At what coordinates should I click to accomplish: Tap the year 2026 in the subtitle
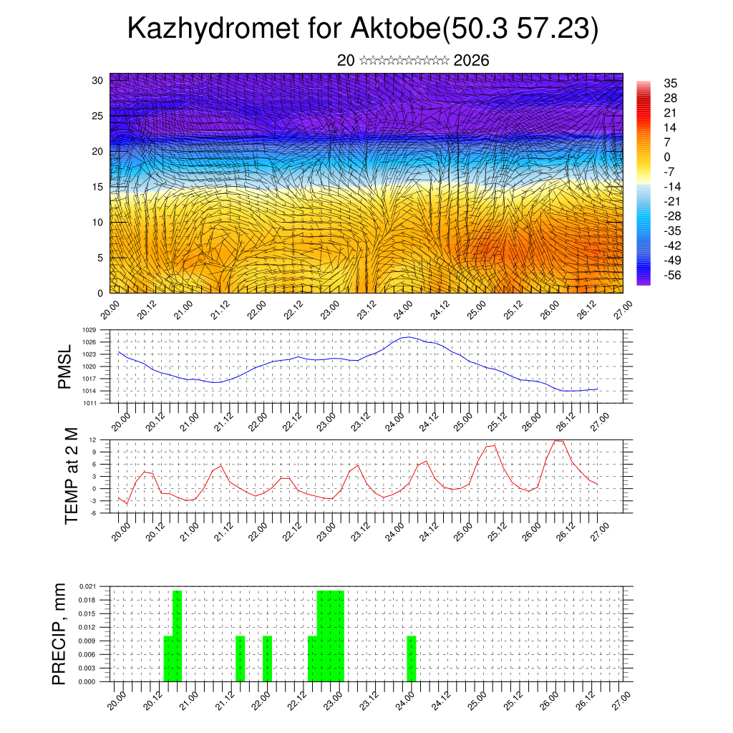pos(471,61)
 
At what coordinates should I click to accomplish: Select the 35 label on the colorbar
pos(671,83)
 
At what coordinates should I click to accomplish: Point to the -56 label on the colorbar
pos(673,275)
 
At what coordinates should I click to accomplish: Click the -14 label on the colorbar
pos(673,186)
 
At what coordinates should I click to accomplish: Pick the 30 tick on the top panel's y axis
pos(97,80)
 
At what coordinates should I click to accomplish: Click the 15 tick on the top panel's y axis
pos(97,187)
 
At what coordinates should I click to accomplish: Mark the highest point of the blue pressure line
pos(408,336)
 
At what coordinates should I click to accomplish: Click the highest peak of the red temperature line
pos(558,440)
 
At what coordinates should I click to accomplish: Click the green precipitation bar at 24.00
pos(412,659)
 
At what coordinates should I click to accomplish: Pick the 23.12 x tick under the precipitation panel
pos(367,700)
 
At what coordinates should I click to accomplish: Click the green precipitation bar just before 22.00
pos(267,659)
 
